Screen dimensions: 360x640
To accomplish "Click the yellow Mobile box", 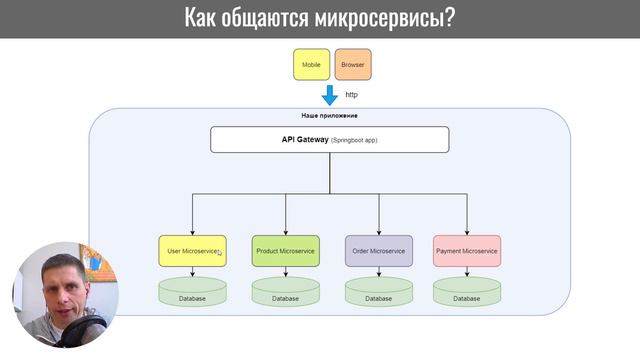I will (311, 64).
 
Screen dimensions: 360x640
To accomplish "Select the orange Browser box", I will (352, 64).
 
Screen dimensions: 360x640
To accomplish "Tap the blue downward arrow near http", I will (329, 96).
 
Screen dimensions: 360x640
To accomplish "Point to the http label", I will (351, 94).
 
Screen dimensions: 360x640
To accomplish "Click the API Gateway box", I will (329, 139).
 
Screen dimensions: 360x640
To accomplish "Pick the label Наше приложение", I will (329, 116).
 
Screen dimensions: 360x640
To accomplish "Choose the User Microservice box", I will (192, 251).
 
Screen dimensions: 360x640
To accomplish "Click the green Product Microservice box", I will (285, 251).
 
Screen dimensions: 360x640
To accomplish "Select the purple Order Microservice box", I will (379, 251).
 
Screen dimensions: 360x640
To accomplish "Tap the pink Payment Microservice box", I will (467, 251).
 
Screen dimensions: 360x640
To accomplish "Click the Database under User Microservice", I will (192, 293).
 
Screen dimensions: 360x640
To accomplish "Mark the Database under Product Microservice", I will (285, 293).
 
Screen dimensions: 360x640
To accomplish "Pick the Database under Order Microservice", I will (379, 293).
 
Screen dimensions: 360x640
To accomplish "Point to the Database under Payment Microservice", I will (467, 293).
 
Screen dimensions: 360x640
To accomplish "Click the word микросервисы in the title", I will (385, 18).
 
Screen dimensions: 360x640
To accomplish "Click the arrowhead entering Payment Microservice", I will (467, 232).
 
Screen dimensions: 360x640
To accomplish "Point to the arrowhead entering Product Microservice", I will (285, 232).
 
